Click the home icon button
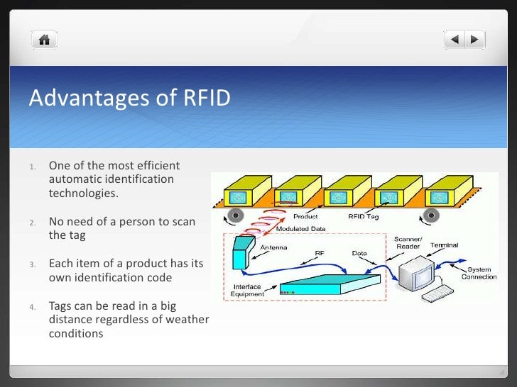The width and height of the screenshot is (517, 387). click(44, 39)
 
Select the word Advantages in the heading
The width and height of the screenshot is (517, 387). click(85, 99)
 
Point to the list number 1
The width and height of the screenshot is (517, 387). click(33, 167)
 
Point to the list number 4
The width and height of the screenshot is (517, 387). click(33, 306)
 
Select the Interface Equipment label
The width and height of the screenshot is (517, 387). click(247, 290)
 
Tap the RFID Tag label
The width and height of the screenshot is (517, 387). click(366, 216)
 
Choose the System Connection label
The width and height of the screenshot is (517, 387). click(479, 273)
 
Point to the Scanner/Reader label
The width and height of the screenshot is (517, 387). click(410, 243)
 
